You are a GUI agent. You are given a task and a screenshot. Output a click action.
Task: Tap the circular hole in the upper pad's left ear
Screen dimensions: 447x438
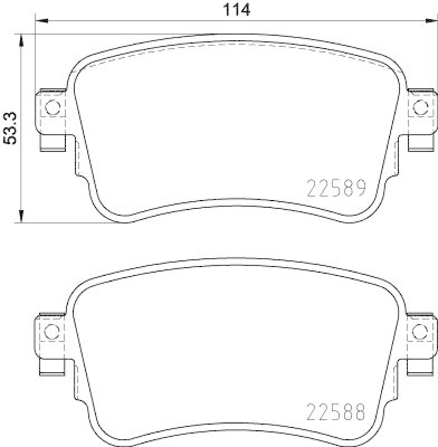click(x=53, y=107)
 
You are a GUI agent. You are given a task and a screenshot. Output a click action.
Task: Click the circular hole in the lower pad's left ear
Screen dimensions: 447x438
click(x=53, y=332)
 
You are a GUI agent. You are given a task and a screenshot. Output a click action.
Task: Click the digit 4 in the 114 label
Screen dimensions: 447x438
click(x=245, y=9)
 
